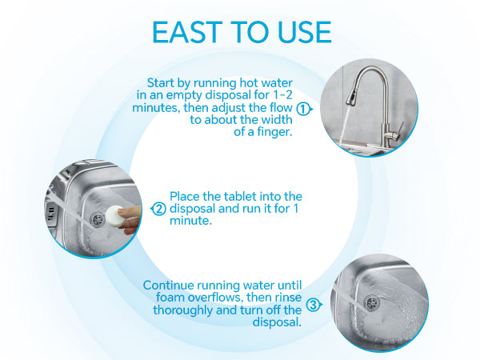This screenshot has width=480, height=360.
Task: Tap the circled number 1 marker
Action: pyautogui.click(x=302, y=107)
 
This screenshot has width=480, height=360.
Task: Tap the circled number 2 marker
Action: pyautogui.click(x=158, y=209)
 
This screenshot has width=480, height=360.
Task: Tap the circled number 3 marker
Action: pyautogui.click(x=313, y=304)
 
